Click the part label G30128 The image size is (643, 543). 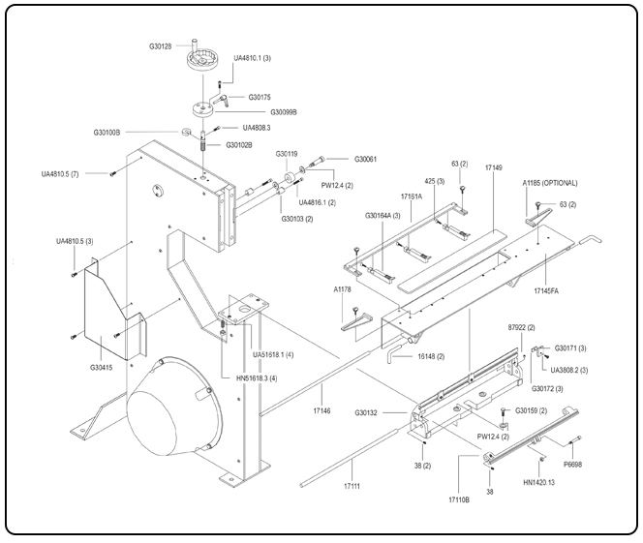[x=162, y=45]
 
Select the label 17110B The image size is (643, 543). [x=459, y=500]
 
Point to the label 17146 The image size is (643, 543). [x=321, y=411]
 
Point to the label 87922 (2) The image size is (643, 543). [x=524, y=327]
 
